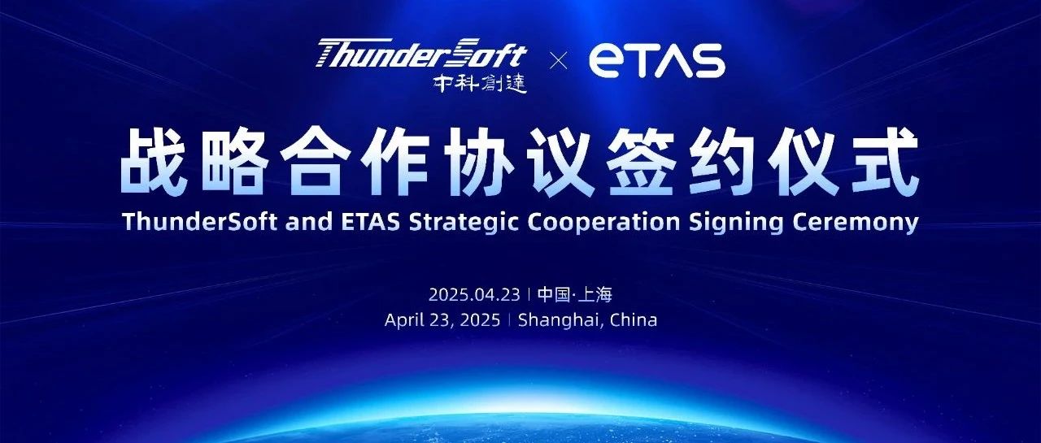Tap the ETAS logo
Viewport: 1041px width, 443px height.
click(656, 61)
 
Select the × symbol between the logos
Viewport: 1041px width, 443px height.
click(558, 61)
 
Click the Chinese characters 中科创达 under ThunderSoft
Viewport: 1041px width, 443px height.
click(480, 83)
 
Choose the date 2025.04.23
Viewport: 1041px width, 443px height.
click(475, 293)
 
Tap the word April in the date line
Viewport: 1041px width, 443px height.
click(406, 319)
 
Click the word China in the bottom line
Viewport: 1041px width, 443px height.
click(632, 319)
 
